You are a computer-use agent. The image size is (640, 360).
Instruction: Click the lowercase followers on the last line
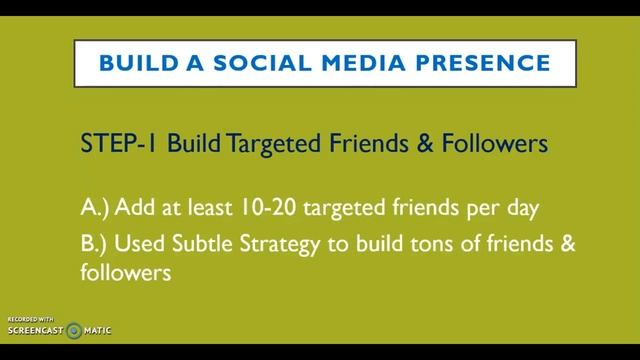click(120, 271)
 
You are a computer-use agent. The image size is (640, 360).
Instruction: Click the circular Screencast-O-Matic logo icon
click(73, 329)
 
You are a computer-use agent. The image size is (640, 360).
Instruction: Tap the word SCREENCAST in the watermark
click(35, 330)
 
